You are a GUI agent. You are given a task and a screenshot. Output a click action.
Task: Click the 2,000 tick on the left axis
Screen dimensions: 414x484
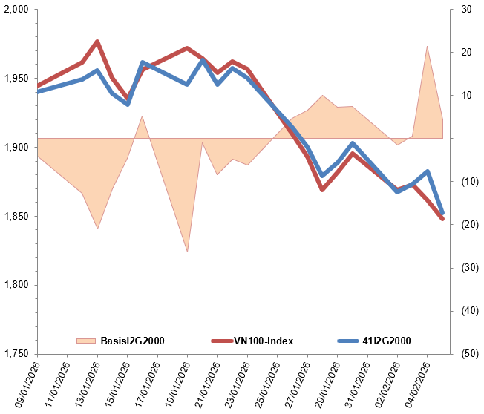[16, 10]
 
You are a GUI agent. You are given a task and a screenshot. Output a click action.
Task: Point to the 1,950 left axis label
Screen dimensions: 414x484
[16, 79]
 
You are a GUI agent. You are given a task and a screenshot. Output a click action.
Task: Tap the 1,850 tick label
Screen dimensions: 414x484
[16, 217]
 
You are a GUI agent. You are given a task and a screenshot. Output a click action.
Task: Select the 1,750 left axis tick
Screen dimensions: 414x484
[16, 354]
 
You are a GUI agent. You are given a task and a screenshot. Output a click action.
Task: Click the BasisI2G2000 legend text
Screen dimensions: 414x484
[131, 341]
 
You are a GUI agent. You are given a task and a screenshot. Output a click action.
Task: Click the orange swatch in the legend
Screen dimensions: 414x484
[86, 341]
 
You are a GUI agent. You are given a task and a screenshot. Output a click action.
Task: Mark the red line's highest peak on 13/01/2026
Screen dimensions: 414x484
[97, 42]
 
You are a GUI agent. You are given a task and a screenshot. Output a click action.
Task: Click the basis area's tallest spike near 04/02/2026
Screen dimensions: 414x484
[427, 47]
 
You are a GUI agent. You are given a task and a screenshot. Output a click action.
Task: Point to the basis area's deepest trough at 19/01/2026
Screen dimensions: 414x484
[187, 252]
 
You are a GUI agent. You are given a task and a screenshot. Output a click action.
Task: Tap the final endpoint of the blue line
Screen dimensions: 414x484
[442, 213]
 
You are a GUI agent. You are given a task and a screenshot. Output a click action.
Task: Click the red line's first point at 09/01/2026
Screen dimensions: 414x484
[37, 86]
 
